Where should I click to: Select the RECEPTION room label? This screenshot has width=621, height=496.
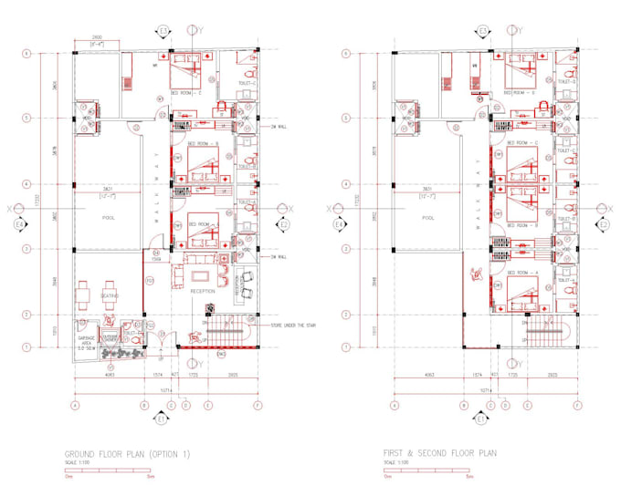[203, 291]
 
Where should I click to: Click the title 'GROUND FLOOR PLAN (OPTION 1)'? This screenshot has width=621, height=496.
[127, 453]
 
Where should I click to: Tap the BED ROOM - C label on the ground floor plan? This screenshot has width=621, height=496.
[186, 92]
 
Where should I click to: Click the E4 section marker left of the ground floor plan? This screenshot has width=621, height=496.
[21, 223]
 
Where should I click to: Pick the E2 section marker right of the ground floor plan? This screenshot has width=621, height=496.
[284, 223]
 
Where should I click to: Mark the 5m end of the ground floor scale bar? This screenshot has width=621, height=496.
[148, 475]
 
